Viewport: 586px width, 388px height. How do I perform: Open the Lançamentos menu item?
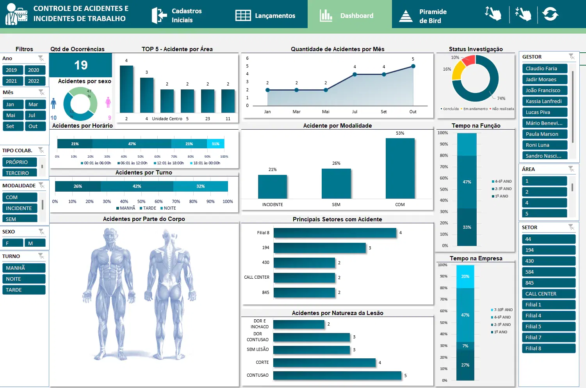click(265, 16)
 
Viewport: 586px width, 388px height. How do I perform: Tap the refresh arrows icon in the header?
click(550, 14)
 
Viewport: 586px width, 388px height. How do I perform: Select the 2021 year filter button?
click(12, 81)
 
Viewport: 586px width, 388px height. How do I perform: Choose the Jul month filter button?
click(34, 115)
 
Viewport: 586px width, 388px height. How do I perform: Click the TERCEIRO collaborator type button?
click(20, 173)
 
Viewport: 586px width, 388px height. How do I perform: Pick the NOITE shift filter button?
click(24, 279)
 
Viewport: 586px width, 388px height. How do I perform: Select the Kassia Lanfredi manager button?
click(544, 101)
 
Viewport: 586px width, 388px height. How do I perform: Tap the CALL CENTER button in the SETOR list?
click(548, 294)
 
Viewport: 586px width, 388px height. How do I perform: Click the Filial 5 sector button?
click(548, 326)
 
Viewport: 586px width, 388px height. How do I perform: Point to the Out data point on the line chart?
click(413, 66)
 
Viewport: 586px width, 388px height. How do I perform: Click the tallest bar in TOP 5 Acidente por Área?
click(126, 89)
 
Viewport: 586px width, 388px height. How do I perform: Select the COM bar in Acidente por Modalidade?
click(400, 168)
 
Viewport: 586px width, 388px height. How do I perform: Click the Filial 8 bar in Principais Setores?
click(335, 233)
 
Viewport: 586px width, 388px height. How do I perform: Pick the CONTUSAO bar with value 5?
click(337, 376)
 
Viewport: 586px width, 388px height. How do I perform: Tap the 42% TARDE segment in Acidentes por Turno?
click(137, 186)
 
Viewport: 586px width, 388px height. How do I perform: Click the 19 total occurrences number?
click(81, 65)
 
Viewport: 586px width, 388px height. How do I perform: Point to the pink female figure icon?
click(108, 102)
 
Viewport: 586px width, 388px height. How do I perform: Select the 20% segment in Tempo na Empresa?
click(465, 276)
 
